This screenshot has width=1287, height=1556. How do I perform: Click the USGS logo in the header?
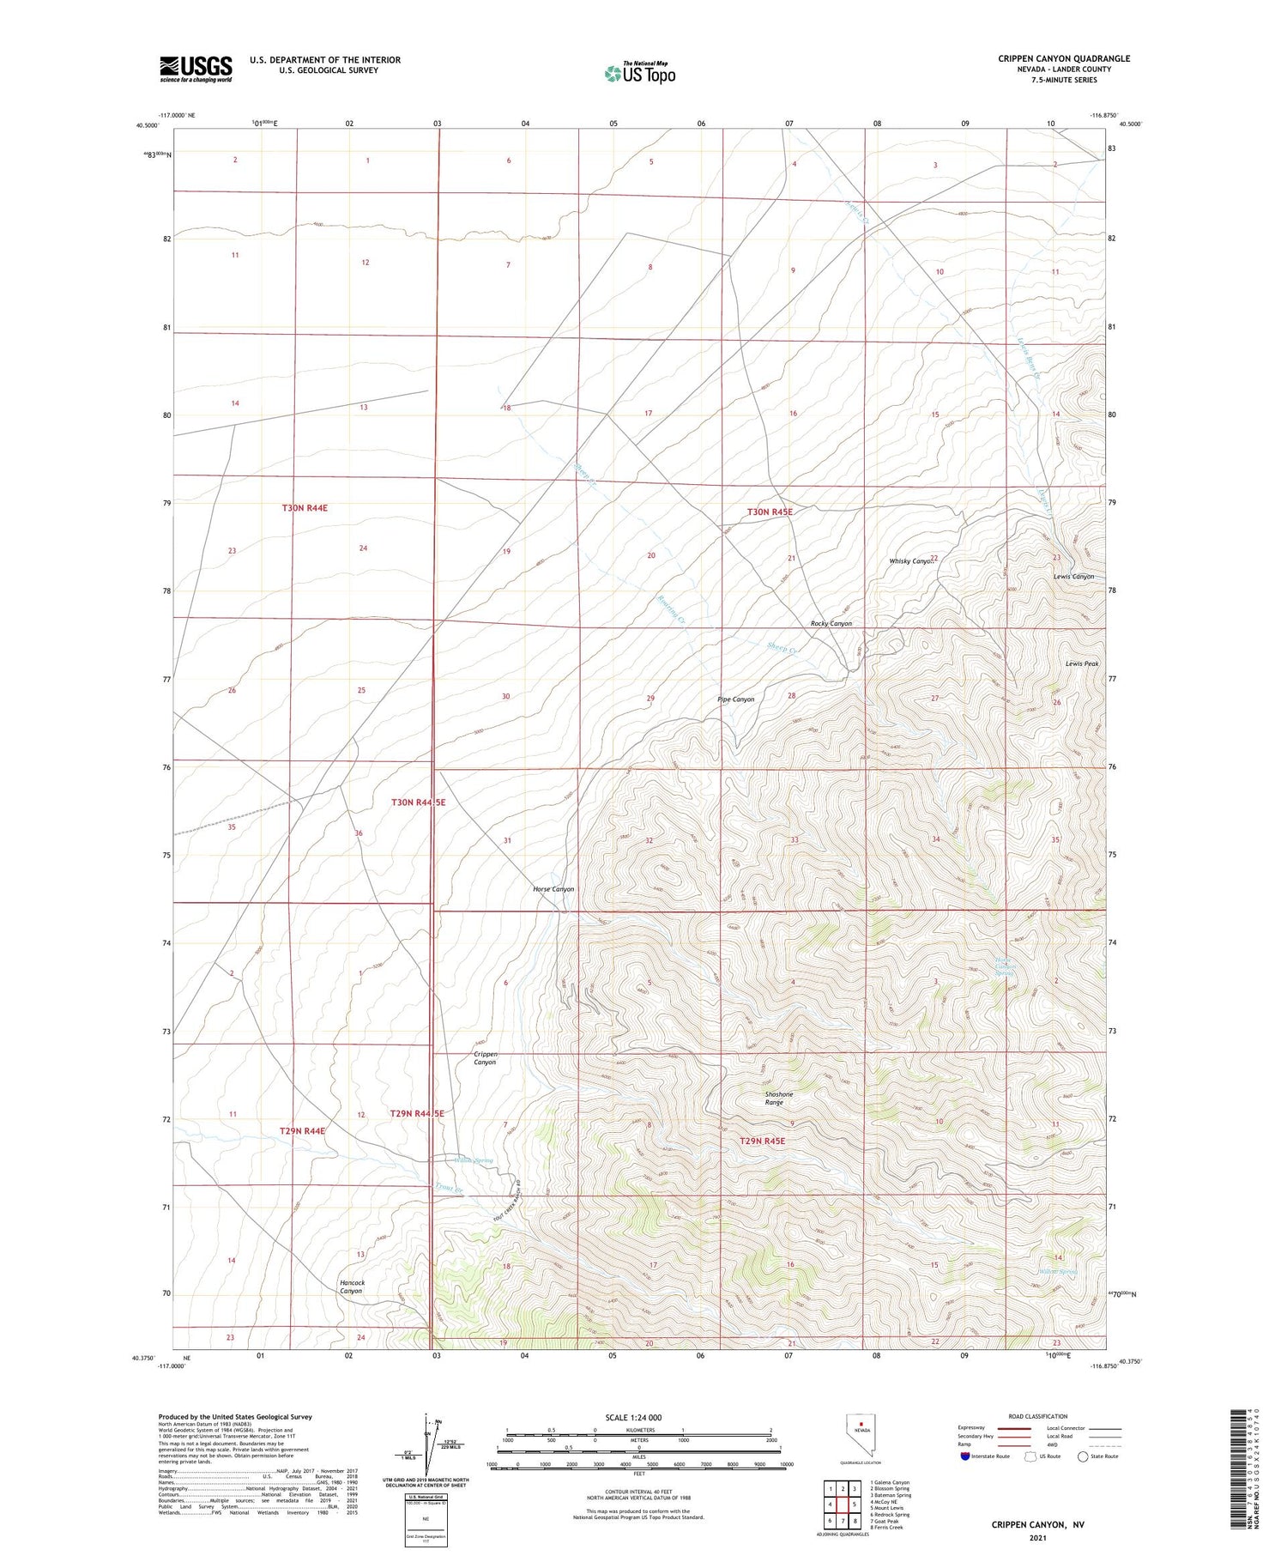(196, 69)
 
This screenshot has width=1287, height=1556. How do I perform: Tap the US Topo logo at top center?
(639, 73)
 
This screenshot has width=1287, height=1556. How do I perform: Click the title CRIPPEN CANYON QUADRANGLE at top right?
(1063, 58)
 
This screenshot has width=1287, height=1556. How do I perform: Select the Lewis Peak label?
(1081, 663)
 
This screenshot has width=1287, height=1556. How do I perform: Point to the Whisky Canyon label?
(910, 560)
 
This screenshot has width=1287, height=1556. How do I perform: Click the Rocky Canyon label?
(831, 623)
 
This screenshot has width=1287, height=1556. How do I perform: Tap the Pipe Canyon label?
(735, 699)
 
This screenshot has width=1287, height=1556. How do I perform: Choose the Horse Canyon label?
(553, 889)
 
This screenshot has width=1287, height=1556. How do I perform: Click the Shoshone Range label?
(778, 1098)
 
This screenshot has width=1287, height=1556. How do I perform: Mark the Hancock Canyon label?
(352, 1287)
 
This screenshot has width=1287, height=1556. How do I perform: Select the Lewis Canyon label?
(1073, 576)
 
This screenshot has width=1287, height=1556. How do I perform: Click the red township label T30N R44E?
(305, 508)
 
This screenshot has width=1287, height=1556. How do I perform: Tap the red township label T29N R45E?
(762, 1141)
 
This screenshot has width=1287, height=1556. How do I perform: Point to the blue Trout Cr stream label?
(448, 1189)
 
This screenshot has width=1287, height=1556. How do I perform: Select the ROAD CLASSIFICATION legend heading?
(1037, 1416)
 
